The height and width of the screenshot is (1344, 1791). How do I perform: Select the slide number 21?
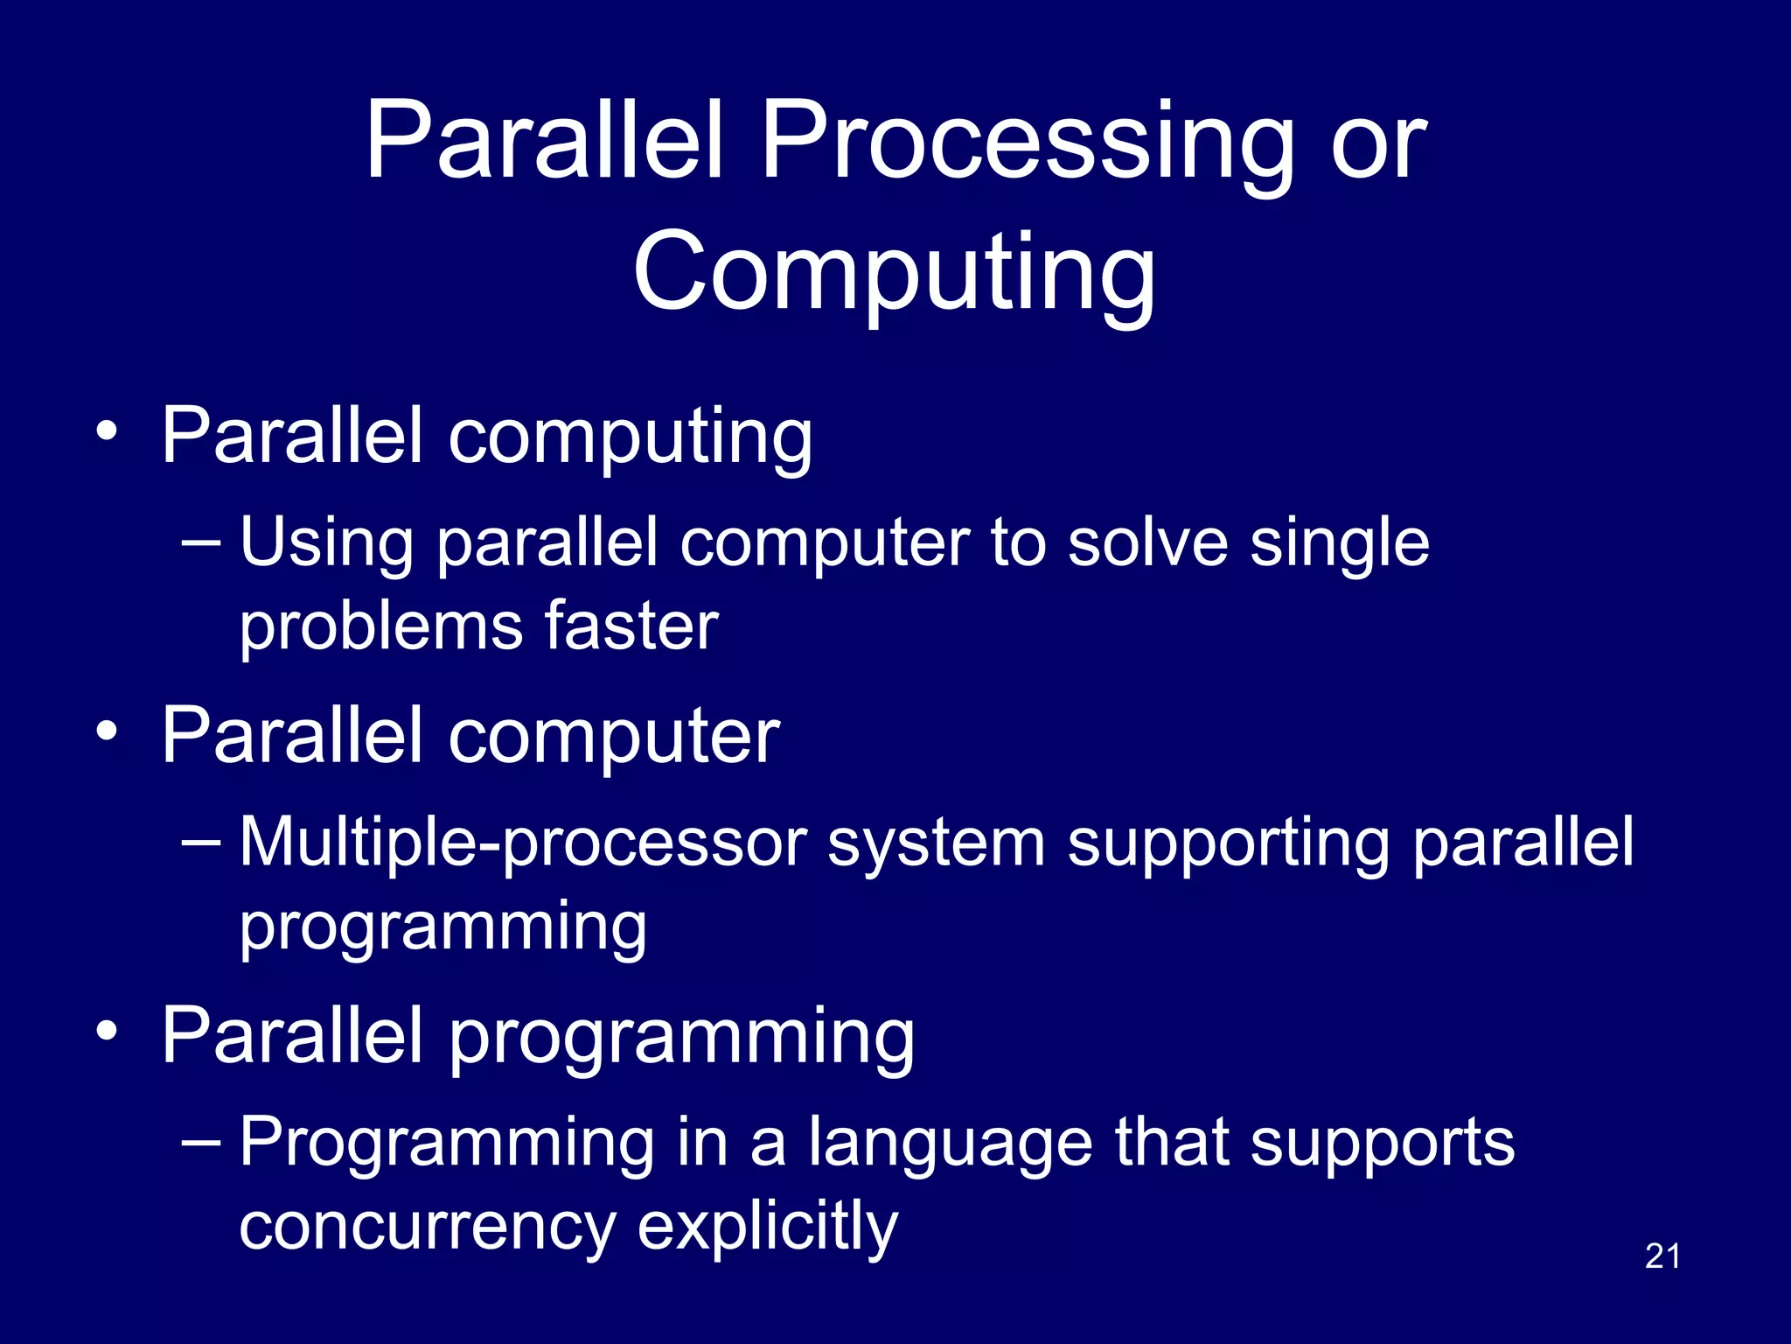pos(1662,1256)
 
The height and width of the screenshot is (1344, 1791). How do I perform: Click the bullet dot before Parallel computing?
pos(107,431)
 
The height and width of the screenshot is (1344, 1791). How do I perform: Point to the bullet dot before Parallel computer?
pos(107,731)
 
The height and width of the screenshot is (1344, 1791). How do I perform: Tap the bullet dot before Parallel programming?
pos(107,1032)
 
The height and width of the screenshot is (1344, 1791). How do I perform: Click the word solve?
pos(1146,542)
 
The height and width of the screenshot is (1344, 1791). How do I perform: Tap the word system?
pos(936,842)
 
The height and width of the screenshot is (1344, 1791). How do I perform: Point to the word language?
pos(950,1143)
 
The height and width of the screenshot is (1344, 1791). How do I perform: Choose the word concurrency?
pos(427,1225)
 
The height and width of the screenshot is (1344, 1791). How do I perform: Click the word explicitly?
pos(767,1225)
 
